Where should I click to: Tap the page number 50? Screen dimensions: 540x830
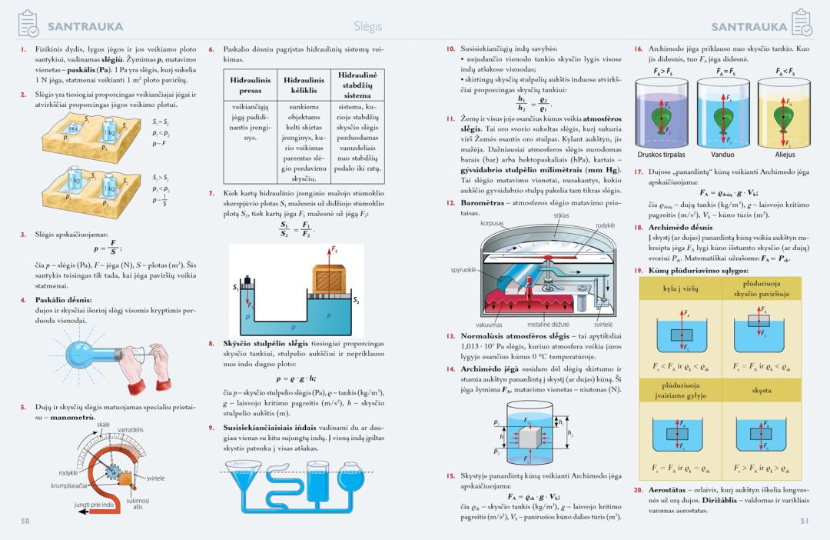[x=25, y=521]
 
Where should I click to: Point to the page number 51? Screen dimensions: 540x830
[x=805, y=521]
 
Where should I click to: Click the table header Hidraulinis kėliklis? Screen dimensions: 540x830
[x=304, y=85]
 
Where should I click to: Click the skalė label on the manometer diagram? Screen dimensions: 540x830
[x=103, y=424]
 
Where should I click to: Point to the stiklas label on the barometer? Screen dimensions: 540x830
[x=561, y=216]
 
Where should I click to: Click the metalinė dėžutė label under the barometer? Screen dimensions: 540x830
[x=546, y=325]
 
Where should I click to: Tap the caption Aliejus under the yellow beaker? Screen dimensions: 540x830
[x=784, y=154]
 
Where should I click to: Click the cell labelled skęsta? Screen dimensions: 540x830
[x=762, y=391]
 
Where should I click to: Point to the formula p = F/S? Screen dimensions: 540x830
[x=106, y=248]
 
